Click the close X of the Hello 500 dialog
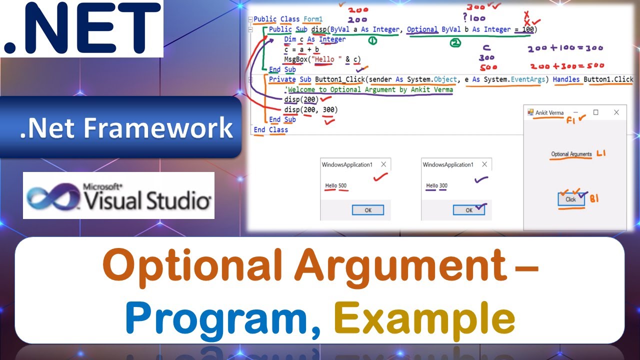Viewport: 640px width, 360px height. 383,164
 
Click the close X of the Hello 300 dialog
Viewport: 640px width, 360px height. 484,164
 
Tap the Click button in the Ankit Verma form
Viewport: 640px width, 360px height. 570,199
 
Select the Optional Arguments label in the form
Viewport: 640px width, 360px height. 571,154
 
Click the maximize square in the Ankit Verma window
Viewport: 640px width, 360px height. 595,112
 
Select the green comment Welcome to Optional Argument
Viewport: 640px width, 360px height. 370,89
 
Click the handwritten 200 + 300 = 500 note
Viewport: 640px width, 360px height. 567,65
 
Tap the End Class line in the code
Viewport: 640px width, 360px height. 270,129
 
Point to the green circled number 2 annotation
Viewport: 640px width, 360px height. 455,44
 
